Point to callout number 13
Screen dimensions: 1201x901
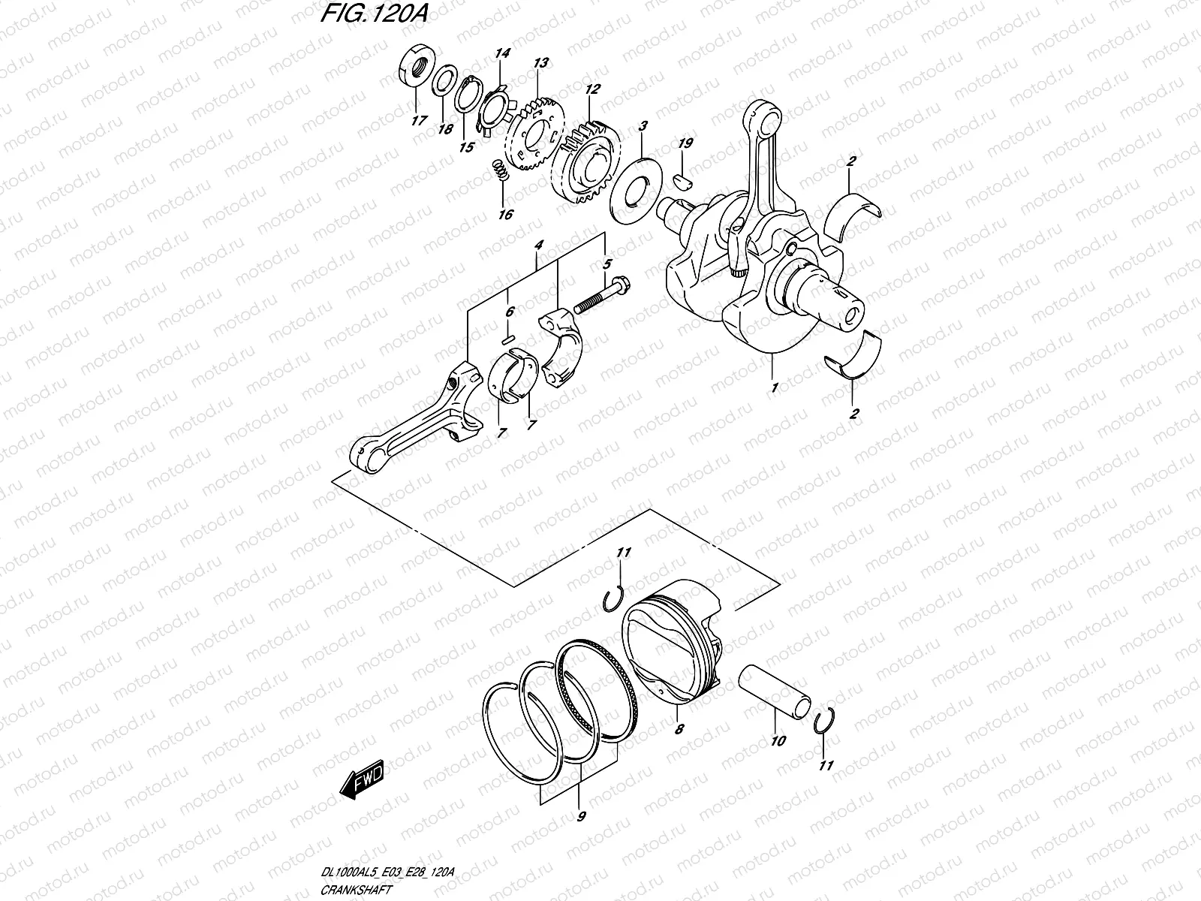pos(540,63)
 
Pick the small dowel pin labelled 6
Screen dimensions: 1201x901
pos(508,339)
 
